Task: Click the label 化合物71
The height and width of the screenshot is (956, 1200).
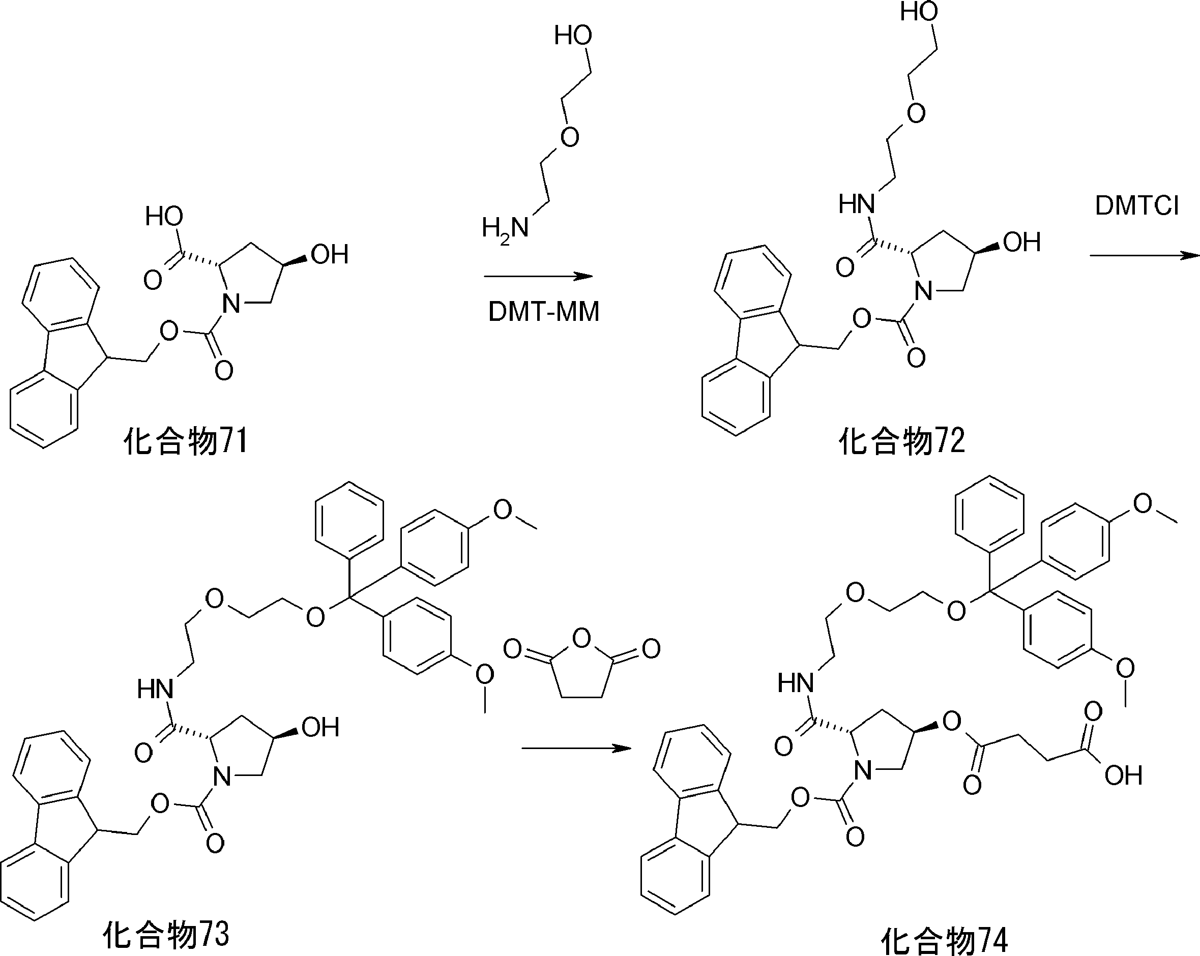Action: point(185,442)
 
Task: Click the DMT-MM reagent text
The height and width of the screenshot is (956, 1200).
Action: point(543,312)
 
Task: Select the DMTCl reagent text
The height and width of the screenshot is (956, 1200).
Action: point(1136,206)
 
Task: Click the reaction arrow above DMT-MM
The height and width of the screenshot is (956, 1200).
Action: point(538,276)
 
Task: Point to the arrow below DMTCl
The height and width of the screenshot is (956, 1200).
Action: point(1143,255)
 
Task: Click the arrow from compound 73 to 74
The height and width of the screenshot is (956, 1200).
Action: point(575,749)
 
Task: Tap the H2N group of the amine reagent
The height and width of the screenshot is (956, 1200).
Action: point(504,228)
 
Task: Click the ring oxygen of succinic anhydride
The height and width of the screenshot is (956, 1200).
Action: point(581,639)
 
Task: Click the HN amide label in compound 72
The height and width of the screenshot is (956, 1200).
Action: point(857,205)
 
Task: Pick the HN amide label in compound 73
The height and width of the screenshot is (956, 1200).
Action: point(155,690)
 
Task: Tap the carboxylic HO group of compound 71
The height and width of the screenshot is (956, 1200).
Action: point(164,216)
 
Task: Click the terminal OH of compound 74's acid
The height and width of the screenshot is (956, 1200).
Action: point(1123,775)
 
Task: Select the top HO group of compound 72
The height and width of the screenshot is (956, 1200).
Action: point(919,12)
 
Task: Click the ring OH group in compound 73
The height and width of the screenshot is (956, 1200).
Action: point(320,727)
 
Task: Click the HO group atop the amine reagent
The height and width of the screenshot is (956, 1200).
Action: point(573,36)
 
